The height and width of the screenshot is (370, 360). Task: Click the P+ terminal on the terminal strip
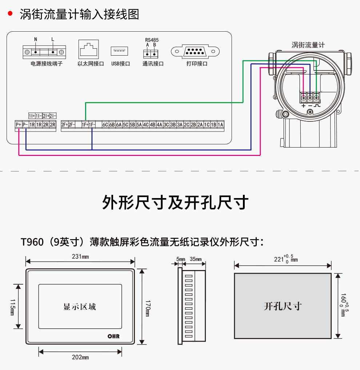(19, 125)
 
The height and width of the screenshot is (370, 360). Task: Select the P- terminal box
(25, 125)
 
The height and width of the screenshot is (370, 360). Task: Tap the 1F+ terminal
(85, 125)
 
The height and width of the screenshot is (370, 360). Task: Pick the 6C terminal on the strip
(105, 125)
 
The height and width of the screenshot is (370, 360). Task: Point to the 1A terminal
(220, 125)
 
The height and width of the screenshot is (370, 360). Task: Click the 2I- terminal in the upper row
(52, 116)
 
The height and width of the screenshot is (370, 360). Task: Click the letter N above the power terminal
(36, 39)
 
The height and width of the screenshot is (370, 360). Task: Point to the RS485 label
(152, 40)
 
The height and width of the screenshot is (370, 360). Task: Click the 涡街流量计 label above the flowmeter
(308, 45)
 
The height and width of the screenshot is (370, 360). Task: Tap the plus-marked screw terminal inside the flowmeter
(303, 97)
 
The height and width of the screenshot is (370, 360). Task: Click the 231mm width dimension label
(80, 257)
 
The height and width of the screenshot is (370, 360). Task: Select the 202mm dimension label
(80, 357)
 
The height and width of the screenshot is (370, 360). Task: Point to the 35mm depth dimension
(196, 259)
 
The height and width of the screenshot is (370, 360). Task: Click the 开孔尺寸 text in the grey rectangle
(283, 306)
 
